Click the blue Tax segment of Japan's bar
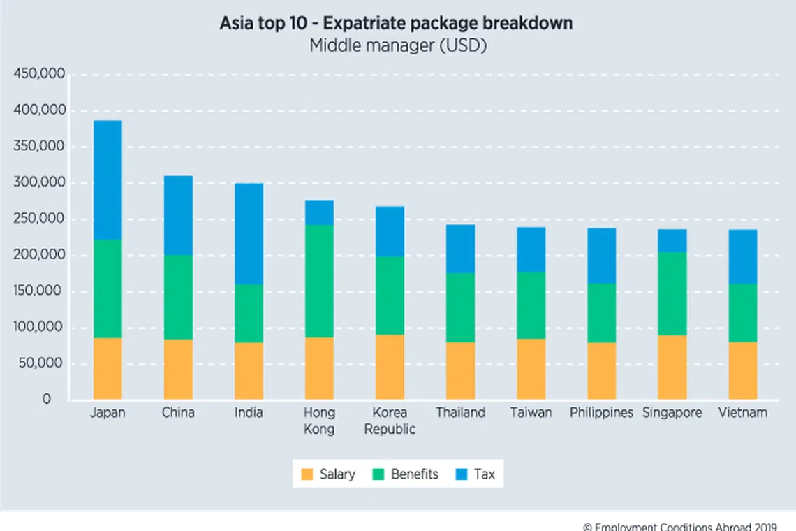click(108, 180)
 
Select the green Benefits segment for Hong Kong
click(319, 281)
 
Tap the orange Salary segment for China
click(178, 369)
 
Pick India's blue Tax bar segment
click(249, 233)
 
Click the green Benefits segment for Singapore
click(672, 293)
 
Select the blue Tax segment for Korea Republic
click(390, 231)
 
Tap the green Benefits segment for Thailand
click(460, 307)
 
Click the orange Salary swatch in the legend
click(307, 474)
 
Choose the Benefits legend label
click(415, 474)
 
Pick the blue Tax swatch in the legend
click(461, 474)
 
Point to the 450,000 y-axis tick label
click(40, 74)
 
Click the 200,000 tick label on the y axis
click(40, 255)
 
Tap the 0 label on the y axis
click(47, 400)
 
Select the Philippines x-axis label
click(601, 413)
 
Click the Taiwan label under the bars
click(531, 413)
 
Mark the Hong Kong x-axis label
click(319, 421)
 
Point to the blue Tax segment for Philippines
click(601, 256)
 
